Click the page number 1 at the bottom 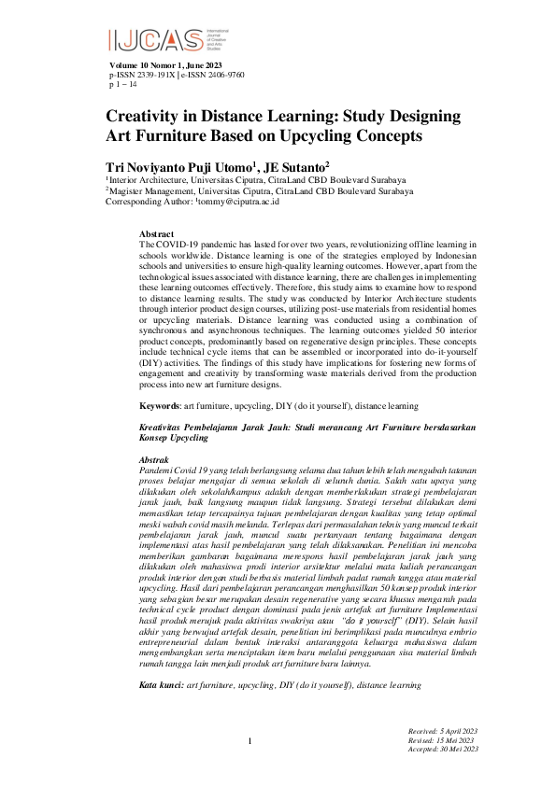(x=250, y=741)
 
